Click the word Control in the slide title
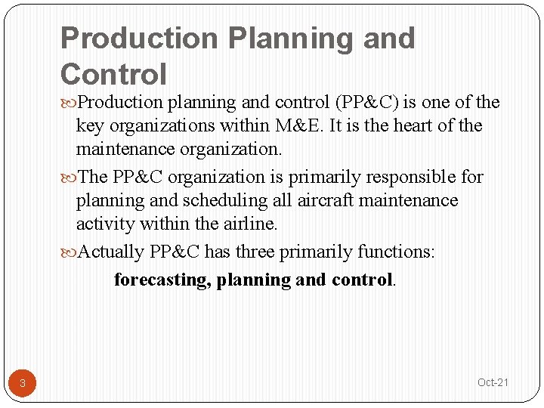click(113, 74)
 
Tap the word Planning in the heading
click(289, 38)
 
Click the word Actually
click(111, 252)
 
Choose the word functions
click(396, 252)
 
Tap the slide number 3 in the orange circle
click(23, 383)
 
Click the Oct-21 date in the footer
click(493, 382)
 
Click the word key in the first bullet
click(89, 125)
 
